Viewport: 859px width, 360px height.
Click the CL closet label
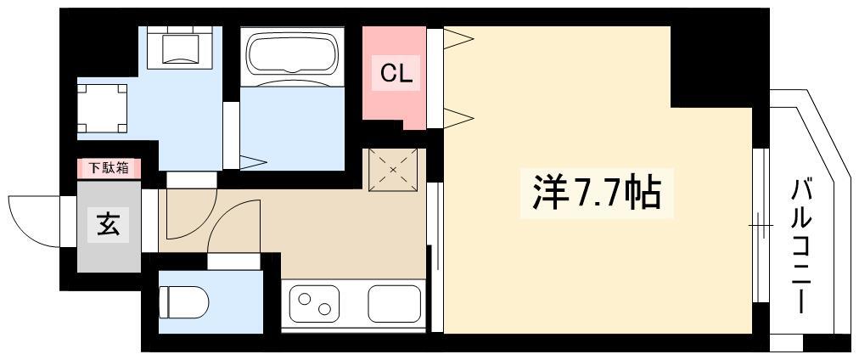[396, 73]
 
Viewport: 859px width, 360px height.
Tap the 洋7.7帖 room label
[597, 194]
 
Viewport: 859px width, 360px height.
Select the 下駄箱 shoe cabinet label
[109, 168]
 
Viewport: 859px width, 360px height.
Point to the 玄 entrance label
[109, 225]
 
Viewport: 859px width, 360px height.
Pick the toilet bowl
[183, 302]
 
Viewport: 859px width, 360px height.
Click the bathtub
[292, 55]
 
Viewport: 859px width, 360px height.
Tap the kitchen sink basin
[394, 303]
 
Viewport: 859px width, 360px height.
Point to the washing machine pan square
[103, 109]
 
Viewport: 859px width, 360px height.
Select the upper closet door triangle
[458, 38]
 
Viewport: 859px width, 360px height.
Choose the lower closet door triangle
[458, 117]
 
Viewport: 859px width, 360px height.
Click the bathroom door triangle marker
[252, 162]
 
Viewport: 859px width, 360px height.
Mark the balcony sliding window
[761, 225]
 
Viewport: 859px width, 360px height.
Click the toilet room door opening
[234, 262]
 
